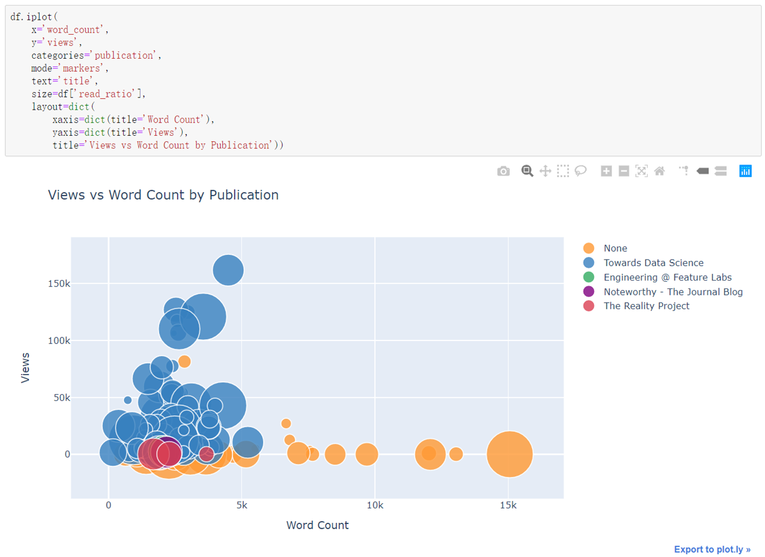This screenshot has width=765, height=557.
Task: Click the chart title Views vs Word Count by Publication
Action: click(163, 195)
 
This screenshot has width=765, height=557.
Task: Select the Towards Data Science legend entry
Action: click(653, 263)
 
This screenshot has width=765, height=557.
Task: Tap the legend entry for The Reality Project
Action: click(646, 306)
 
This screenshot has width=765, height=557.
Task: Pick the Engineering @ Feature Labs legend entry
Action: click(667, 277)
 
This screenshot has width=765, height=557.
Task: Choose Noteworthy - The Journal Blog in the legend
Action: click(673, 291)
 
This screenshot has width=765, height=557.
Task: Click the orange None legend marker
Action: click(589, 248)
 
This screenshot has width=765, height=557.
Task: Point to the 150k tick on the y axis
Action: click(59, 284)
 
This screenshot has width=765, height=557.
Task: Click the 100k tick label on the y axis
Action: click(59, 340)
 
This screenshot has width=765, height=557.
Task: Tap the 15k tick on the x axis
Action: click(508, 504)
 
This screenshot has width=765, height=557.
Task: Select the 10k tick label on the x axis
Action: click(375, 504)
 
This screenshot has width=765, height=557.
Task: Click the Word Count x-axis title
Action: click(317, 525)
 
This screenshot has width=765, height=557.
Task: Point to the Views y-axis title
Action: click(25, 367)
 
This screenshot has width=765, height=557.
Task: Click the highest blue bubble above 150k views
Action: click(228, 270)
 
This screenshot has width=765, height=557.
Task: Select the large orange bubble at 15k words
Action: click(509, 455)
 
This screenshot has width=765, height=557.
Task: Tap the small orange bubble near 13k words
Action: click(456, 454)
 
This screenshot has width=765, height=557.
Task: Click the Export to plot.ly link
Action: click(712, 549)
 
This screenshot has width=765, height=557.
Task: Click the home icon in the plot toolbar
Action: click(659, 171)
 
